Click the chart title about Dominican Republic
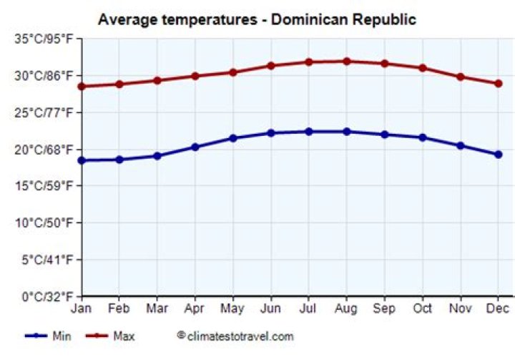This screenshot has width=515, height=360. point(257,19)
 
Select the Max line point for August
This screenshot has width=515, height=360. point(346,62)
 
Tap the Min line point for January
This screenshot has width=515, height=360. point(82,160)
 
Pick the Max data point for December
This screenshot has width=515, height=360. point(498,83)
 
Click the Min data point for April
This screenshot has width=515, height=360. point(195,147)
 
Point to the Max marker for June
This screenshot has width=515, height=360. point(270,66)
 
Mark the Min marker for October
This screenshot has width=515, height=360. point(422,137)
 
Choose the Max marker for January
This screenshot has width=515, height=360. point(82,87)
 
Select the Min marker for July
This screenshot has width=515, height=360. point(308,132)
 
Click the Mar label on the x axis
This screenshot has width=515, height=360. point(157,309)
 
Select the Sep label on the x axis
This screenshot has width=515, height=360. point(384,309)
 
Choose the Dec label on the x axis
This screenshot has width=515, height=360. point(498,309)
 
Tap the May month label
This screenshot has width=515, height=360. point(232,309)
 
